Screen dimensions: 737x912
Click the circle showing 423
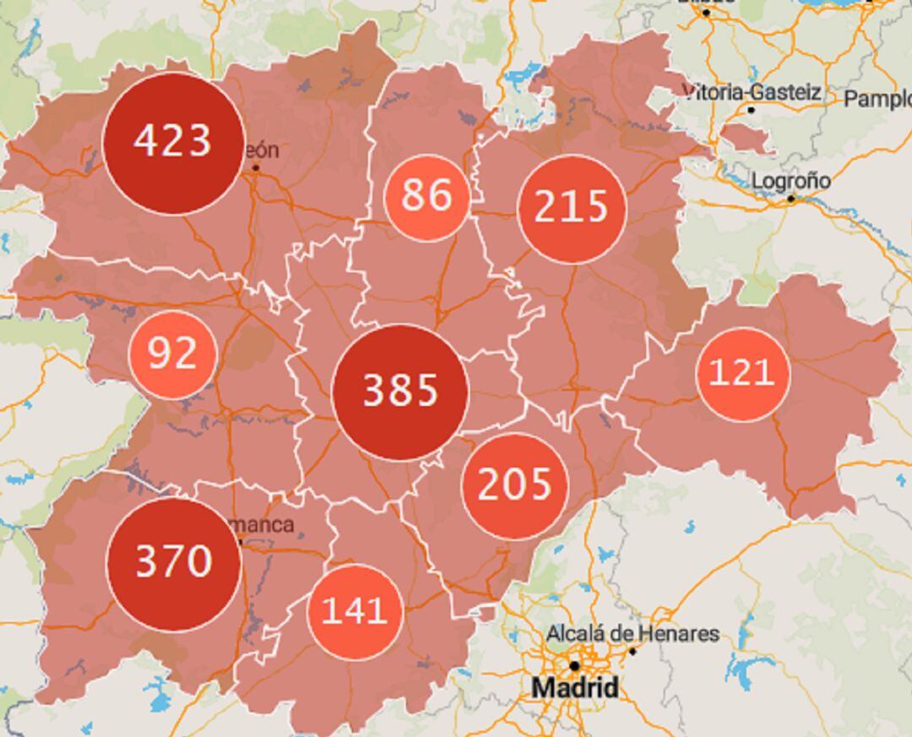[172, 143]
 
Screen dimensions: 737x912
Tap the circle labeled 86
[426, 196]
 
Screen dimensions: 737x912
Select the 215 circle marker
[573, 208]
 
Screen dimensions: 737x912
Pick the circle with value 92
[173, 355]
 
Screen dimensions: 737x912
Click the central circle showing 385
[400, 392]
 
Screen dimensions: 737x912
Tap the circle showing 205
[514, 485]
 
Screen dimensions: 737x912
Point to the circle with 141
[355, 611]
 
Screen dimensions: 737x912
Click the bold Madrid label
[574, 688]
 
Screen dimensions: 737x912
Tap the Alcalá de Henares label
[632, 633]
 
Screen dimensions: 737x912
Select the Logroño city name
[790, 182]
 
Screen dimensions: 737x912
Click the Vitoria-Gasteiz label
[752, 92]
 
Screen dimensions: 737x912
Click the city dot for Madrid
[574, 665]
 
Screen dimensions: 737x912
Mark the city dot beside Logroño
[791, 199]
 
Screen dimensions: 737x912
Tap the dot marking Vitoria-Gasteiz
[751, 110]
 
